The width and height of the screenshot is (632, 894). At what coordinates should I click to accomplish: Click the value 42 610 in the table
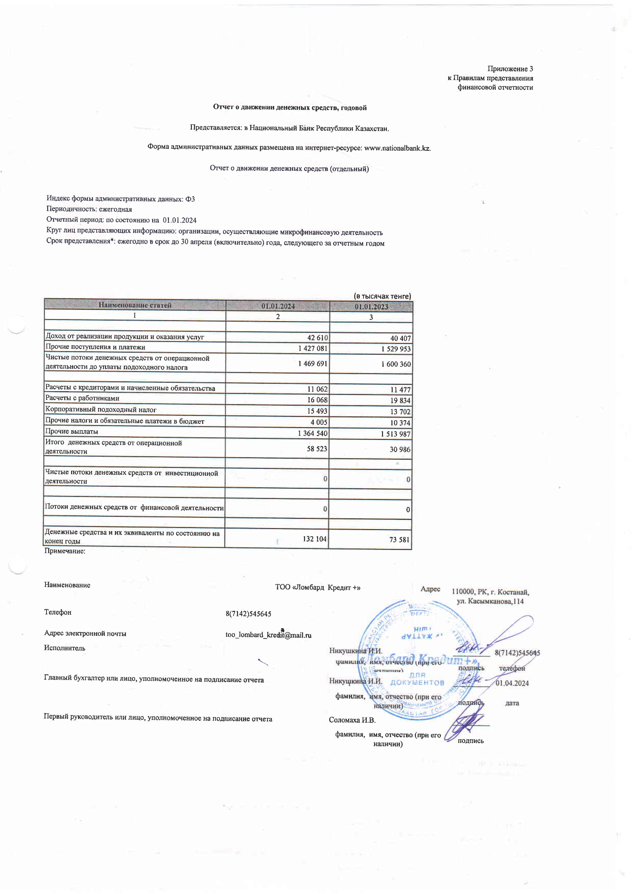[x=317, y=338]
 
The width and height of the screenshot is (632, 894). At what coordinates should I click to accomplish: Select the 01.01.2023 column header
[x=371, y=306]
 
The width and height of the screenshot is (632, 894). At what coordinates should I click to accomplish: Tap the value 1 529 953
[x=396, y=349]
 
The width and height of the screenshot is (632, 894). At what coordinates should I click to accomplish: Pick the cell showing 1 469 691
[x=313, y=364]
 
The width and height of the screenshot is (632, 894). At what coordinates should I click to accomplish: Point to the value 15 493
[x=317, y=411]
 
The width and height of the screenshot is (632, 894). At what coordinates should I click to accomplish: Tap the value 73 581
[x=399, y=540]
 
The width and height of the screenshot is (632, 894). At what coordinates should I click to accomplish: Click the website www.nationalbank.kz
[x=397, y=148]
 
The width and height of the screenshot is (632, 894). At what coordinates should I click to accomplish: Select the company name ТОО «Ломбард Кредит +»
[x=318, y=587]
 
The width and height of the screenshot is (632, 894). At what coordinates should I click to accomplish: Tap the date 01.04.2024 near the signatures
[x=512, y=683]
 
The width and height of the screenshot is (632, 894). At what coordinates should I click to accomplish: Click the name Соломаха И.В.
[x=352, y=720]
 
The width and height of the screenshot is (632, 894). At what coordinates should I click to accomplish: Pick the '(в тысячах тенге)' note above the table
[x=382, y=296]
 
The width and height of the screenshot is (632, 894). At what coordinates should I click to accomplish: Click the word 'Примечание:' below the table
[x=65, y=551]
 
